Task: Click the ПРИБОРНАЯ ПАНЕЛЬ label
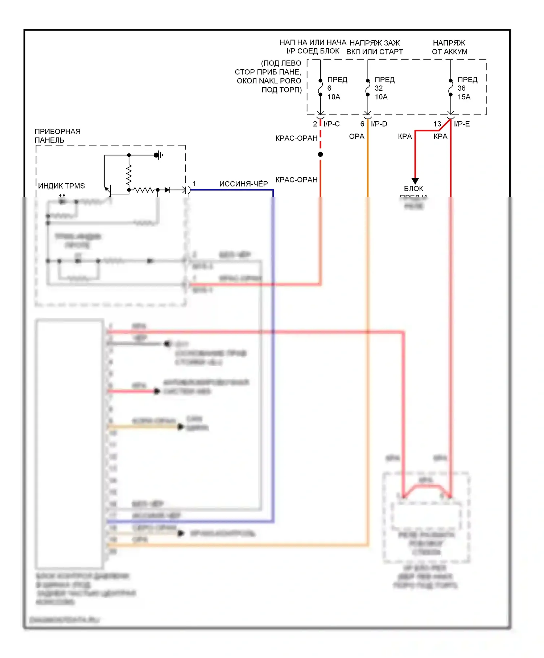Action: click(x=57, y=136)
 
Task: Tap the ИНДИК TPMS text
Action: click(x=61, y=186)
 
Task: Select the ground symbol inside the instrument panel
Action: click(x=158, y=155)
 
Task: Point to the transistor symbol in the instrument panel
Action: click(x=108, y=190)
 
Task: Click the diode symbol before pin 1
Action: click(x=167, y=190)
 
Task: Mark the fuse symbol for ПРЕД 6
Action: click(x=320, y=87)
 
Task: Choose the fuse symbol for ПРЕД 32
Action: click(x=368, y=87)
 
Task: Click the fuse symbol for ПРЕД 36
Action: click(x=451, y=87)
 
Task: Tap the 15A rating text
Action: click(x=464, y=97)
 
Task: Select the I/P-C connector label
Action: click(x=331, y=124)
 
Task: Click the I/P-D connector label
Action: click(x=379, y=124)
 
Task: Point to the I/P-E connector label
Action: click(x=462, y=124)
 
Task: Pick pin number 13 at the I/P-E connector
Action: click(x=437, y=124)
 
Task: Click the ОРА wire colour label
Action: click(x=357, y=136)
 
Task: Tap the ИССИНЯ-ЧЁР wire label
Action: click(x=243, y=184)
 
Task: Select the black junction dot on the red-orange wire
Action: click(x=320, y=155)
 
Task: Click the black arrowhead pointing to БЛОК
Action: click(x=415, y=181)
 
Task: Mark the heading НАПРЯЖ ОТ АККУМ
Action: click(x=449, y=47)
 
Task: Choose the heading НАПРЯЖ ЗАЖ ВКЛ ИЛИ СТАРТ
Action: click(x=374, y=47)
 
